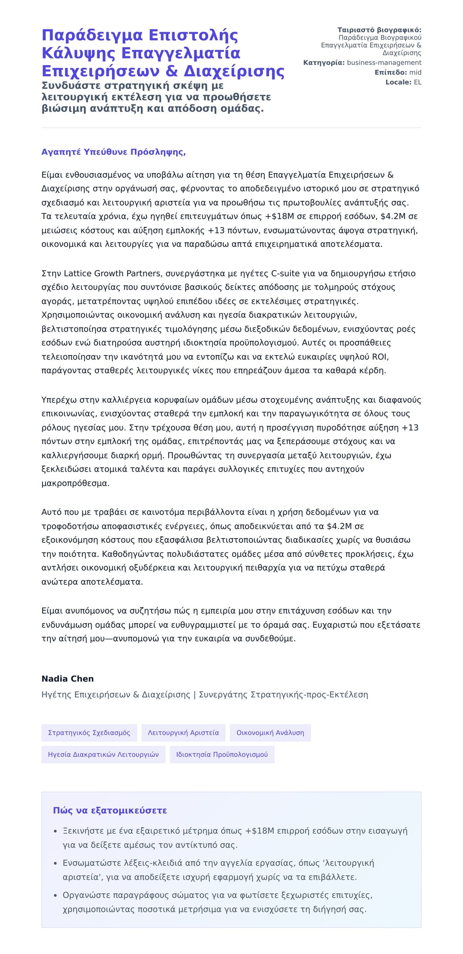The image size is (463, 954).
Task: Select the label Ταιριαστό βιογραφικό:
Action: click(x=379, y=30)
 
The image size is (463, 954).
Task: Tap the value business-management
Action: click(x=384, y=63)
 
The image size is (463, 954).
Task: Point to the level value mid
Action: click(x=415, y=73)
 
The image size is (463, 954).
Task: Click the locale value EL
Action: click(x=417, y=82)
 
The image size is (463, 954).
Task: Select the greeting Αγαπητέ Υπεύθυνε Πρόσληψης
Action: click(x=113, y=152)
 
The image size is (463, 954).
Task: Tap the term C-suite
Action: click(x=286, y=274)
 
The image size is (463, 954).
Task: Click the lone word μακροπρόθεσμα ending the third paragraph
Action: click(x=75, y=484)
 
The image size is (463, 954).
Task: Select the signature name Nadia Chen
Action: click(x=68, y=679)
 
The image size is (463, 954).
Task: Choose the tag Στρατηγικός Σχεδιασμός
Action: click(x=89, y=733)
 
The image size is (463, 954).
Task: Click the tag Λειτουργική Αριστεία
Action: click(x=183, y=733)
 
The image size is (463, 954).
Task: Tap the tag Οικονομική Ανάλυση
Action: click(x=270, y=733)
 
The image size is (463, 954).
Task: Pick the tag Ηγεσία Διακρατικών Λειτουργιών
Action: click(x=103, y=754)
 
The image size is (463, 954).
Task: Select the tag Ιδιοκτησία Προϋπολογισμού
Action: click(x=222, y=754)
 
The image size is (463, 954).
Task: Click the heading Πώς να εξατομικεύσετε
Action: click(x=110, y=810)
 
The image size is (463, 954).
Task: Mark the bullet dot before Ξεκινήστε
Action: click(x=56, y=831)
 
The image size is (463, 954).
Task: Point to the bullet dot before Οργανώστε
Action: click(x=56, y=895)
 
